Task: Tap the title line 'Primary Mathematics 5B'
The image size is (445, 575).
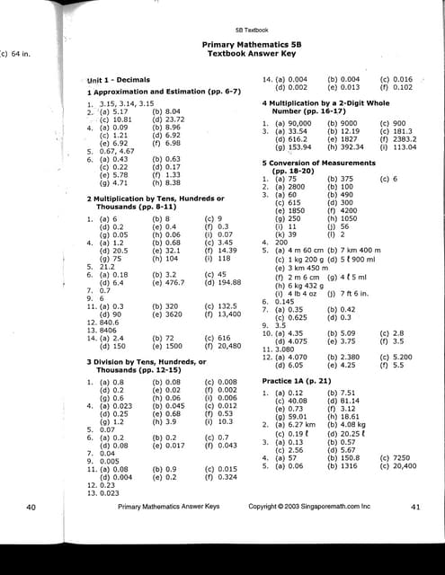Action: (245, 44)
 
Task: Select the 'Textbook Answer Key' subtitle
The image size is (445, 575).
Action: (245, 54)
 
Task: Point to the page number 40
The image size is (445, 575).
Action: (32, 508)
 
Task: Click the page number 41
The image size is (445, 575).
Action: (415, 508)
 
